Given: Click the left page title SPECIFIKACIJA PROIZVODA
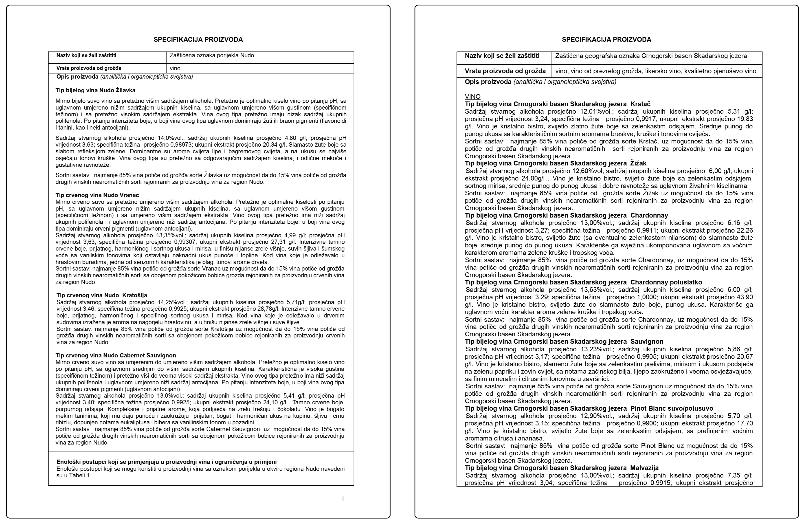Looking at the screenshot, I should coord(198,40).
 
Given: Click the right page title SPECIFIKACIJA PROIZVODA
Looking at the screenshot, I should coord(606,40).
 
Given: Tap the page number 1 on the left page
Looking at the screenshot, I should coord(343,499).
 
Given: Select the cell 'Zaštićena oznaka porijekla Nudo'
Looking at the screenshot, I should coord(212,55).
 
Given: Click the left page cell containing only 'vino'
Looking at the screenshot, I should coord(175,68).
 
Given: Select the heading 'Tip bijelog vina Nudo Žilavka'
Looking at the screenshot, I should coord(95,90).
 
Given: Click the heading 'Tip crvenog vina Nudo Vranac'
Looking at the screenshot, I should coord(97,195).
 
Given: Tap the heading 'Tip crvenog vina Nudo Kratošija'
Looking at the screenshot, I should coord(101,295).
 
